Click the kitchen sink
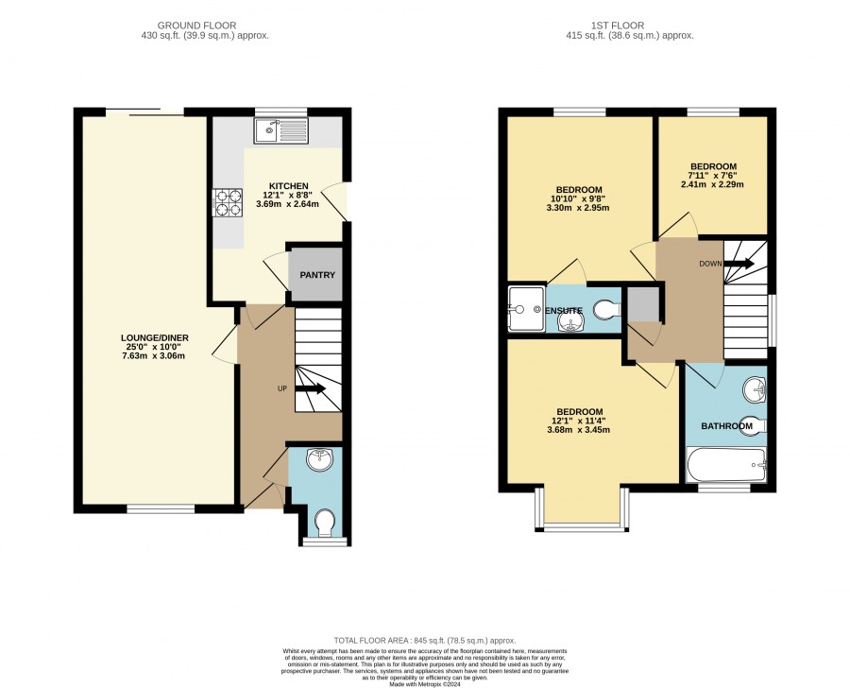pos(281,130)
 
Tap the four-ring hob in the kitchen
pos(229,202)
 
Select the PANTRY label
pos(317,275)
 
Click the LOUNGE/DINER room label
pos(155,338)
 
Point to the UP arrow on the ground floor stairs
pos(311,388)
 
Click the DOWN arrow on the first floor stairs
pos(739,264)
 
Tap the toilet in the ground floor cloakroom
pos(325,522)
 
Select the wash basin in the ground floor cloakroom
pos(320,459)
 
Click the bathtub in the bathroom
pos(726,464)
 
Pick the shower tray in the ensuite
pos(526,309)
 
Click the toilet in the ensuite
pos(607,311)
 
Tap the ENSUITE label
pos(563,311)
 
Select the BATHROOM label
pos(726,426)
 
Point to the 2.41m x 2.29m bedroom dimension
pos(712,184)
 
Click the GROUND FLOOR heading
pos(196,26)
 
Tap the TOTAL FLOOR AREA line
pos(425,640)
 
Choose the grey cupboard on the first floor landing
pos(643,304)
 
